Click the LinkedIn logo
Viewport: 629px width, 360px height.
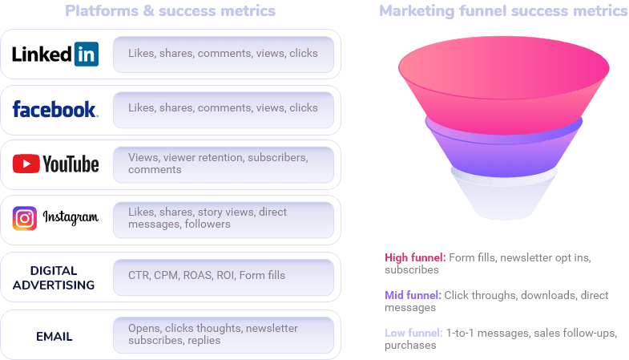55,54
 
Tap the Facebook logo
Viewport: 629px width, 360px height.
55,109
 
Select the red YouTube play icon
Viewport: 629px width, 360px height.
26,164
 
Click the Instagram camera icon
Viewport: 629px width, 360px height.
25,218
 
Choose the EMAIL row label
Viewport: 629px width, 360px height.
54,336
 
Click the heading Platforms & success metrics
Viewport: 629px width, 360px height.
170,11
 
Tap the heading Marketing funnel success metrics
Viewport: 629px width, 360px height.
503,11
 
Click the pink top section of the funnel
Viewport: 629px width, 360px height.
503,80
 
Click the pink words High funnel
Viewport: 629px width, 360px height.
413,257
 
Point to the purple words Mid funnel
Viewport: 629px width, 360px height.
412,294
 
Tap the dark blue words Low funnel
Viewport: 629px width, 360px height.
412,332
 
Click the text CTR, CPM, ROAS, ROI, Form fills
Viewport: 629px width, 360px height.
207,275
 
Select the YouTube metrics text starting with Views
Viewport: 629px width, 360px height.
218,164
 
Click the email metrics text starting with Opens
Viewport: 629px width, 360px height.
212,334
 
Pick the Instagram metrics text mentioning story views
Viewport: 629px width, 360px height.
208,218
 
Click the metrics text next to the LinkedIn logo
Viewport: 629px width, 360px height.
223,54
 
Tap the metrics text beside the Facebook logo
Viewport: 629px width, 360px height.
223,107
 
